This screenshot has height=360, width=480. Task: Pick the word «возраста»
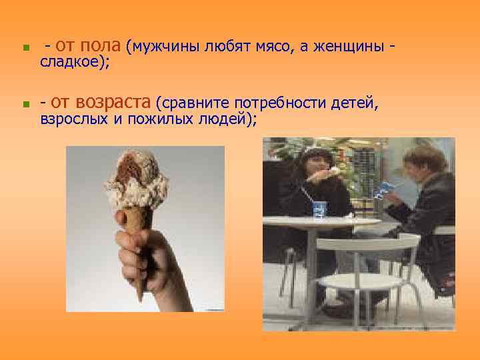coord(113,103)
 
